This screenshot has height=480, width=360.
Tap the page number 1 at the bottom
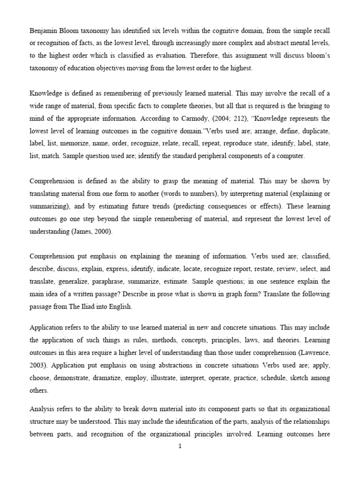pyautogui.click(x=180, y=446)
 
